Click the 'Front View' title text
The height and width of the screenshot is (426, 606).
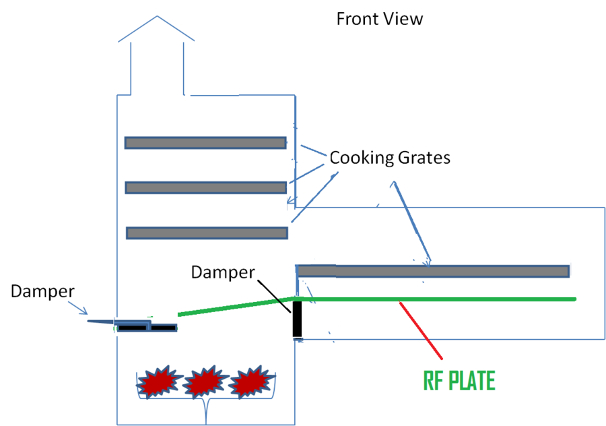[x=380, y=19]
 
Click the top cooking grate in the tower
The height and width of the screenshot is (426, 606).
[x=205, y=143]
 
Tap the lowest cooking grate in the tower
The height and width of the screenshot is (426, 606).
[x=207, y=233]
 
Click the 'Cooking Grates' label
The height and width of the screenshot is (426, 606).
[x=389, y=158]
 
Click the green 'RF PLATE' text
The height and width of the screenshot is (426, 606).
[x=459, y=382]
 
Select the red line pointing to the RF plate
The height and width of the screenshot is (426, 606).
[x=421, y=329]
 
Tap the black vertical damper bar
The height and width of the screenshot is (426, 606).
[x=297, y=318]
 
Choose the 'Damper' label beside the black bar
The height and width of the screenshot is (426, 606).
[x=223, y=272]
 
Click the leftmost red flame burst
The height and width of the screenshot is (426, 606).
[x=156, y=383]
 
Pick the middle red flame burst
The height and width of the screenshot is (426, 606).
[x=201, y=383]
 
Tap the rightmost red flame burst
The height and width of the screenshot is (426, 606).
[x=248, y=383]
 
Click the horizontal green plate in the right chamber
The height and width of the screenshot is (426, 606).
[x=438, y=298]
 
